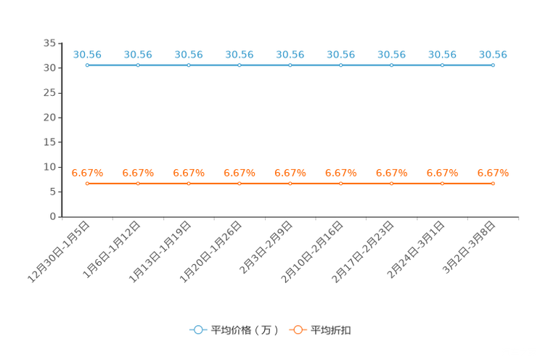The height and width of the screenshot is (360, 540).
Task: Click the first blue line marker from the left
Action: point(87,65)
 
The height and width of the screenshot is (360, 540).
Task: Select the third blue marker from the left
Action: point(189,65)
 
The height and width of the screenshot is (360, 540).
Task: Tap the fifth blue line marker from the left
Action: point(290,65)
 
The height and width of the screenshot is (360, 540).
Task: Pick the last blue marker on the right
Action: point(493,65)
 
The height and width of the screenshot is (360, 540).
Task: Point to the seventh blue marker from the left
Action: point(391,65)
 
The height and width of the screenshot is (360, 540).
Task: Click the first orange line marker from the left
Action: point(87,184)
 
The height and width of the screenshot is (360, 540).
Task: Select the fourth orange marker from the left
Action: point(240,184)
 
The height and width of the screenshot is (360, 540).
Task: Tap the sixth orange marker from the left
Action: point(341,184)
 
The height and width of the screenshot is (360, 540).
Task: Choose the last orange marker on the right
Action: point(493,184)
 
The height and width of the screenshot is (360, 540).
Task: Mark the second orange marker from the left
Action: point(138,184)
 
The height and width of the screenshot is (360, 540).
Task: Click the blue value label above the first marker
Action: point(87,54)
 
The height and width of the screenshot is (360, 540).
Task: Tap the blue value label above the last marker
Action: point(493,54)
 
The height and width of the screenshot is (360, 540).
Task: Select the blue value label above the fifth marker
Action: point(290,54)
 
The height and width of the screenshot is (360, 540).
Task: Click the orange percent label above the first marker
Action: point(87,173)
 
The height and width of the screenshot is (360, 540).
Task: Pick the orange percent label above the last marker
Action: point(493,173)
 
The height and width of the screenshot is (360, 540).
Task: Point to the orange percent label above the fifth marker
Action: point(290,173)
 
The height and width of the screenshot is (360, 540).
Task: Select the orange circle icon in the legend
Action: point(298,330)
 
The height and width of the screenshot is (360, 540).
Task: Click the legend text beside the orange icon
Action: point(332,330)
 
